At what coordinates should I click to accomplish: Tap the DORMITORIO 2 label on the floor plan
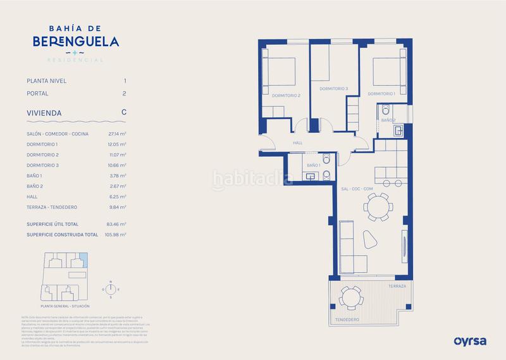click(286, 96)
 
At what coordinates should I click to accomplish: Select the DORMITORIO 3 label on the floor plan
click(334, 89)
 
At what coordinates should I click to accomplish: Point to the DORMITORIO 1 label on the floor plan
click(381, 94)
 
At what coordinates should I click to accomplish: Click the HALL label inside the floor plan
click(298, 143)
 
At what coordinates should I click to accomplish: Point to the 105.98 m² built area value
click(116, 235)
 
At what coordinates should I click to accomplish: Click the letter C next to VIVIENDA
click(124, 112)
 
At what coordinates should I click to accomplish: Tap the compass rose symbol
click(110, 289)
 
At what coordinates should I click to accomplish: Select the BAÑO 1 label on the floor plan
click(312, 165)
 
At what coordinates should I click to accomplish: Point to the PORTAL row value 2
click(125, 94)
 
